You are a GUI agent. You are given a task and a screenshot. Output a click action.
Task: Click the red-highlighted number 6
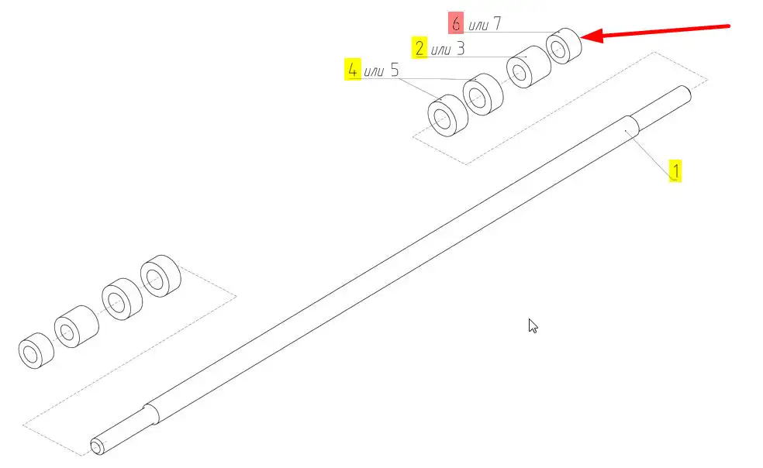(x=455, y=23)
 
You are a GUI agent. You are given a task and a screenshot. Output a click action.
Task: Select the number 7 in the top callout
(x=496, y=23)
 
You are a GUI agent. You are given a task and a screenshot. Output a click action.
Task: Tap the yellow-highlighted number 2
(x=419, y=48)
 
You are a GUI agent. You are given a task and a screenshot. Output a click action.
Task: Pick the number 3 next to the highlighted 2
(x=461, y=48)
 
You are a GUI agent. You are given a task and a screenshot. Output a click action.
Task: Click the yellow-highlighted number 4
(x=353, y=70)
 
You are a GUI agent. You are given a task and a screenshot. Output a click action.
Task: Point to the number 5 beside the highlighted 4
(x=394, y=70)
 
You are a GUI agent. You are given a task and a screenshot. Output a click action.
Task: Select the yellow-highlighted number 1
(x=675, y=170)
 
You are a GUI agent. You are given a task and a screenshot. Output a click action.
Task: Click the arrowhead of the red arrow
(x=591, y=36)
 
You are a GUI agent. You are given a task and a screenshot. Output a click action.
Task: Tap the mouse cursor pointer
(x=533, y=325)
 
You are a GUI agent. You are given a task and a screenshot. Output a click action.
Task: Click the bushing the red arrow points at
(x=564, y=46)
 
